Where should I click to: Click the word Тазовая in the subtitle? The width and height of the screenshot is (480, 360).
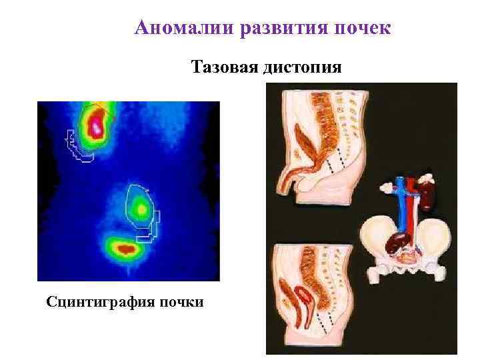pyautogui.click(x=225, y=67)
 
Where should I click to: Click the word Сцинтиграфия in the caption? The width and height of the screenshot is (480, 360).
pyautogui.click(x=99, y=302)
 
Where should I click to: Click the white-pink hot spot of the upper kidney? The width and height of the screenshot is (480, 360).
pyautogui.click(x=97, y=127)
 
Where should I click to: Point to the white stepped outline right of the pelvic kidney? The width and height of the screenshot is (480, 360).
pyautogui.click(x=152, y=227)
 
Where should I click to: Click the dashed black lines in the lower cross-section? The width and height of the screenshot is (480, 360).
pyautogui.click(x=322, y=325)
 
